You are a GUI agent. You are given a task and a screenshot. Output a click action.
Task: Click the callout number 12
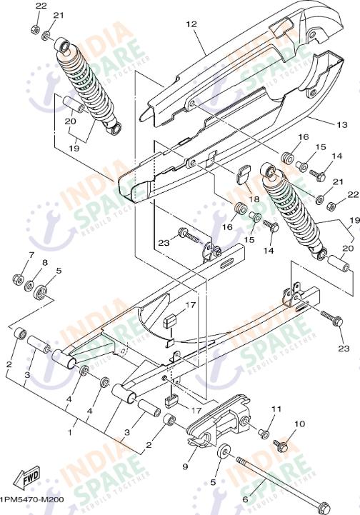tap(191, 24)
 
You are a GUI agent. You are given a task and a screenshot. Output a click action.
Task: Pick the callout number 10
tap(299, 424)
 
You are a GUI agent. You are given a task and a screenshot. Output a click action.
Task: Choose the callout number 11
tap(276, 409)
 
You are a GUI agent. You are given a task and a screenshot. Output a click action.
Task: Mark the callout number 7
tap(31, 255)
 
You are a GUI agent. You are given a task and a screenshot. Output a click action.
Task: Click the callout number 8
tap(44, 263)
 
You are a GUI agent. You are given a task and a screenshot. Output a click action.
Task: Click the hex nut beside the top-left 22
tap(35, 29)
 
